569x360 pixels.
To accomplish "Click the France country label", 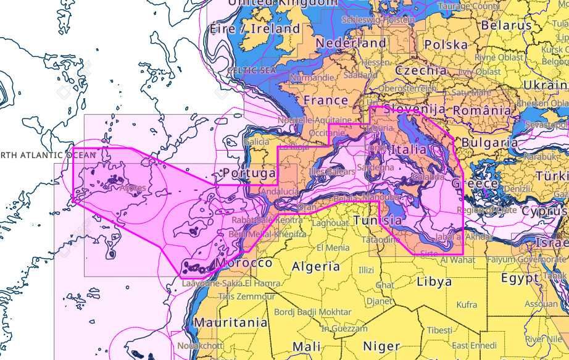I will [326, 100].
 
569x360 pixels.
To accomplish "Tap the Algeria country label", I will [315, 267].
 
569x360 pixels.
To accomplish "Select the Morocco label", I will [244, 263].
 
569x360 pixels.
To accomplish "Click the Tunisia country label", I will [378, 220].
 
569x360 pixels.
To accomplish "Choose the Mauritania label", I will [231, 322].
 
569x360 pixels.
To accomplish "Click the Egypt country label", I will [520, 278].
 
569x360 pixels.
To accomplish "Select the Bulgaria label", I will [489, 143].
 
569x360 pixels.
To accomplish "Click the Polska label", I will [446, 45].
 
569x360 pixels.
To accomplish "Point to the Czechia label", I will [421, 70].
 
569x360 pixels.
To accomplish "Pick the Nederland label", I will [351, 44].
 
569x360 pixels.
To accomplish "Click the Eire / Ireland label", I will [255, 28].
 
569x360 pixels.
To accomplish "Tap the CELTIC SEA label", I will [251, 71].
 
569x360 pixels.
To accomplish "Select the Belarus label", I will [506, 26].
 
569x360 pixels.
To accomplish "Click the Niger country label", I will [381, 346].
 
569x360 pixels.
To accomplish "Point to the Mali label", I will [306, 346].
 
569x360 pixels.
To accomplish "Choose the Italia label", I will [409, 149].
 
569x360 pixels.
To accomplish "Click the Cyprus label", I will [543, 211].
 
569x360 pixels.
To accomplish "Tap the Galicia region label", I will [257, 142].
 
